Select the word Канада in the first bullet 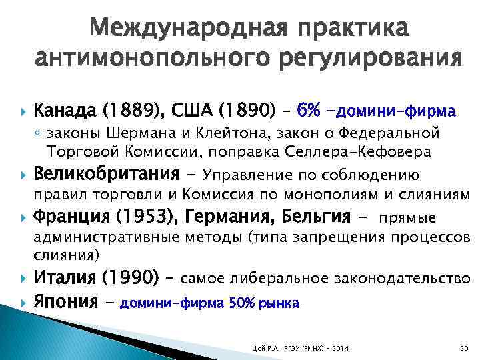tap(61, 109)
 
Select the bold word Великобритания tap(107, 175)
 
